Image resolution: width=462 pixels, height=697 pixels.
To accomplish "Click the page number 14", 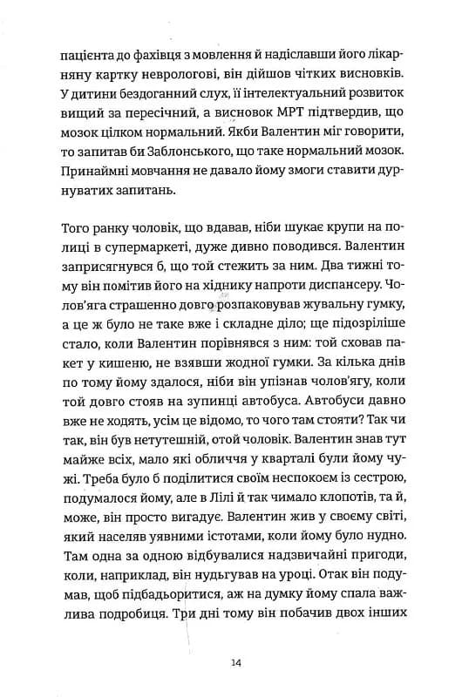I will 237,663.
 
